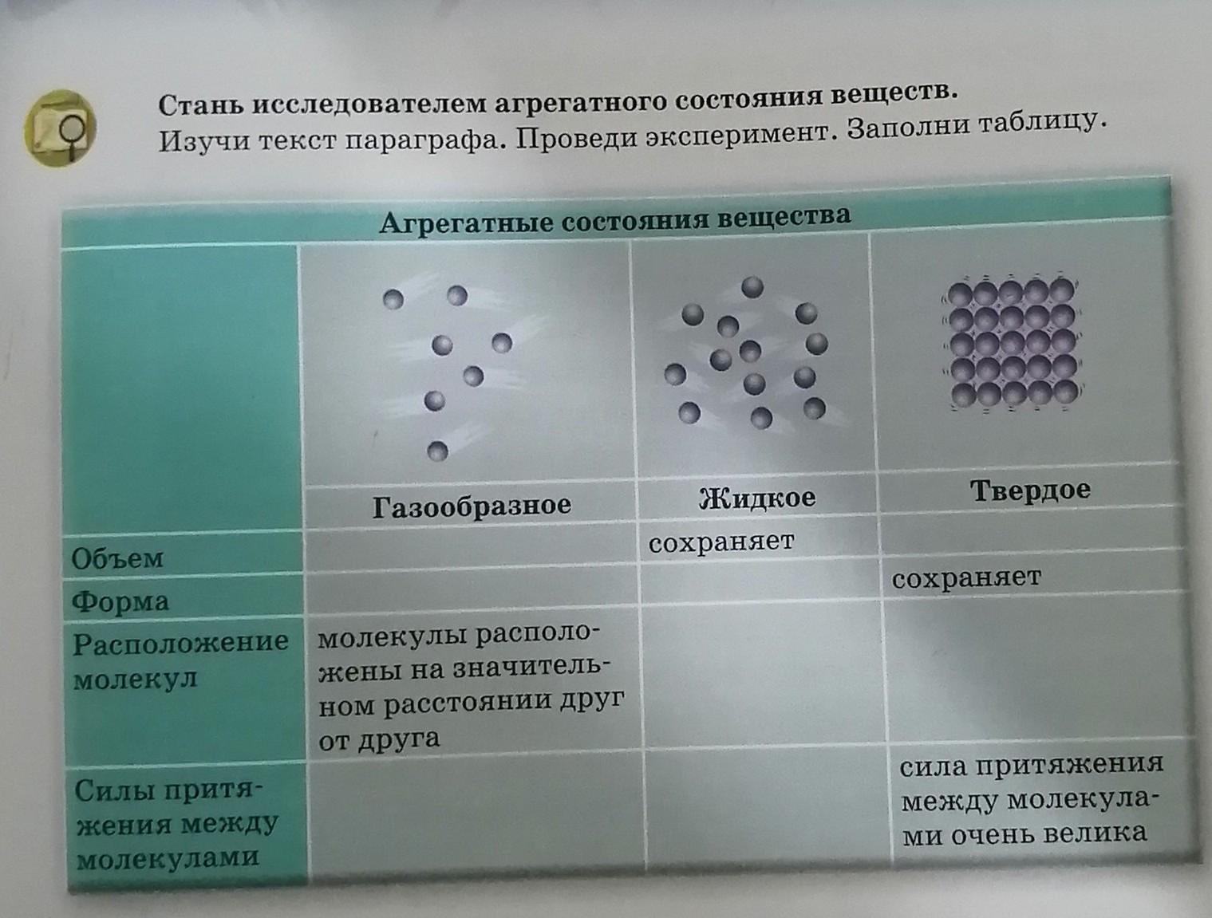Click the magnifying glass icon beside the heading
coord(61,128)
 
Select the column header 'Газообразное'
coord(472,506)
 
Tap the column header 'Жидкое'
coord(757,498)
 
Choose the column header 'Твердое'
coord(1030,490)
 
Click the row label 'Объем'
coord(117,559)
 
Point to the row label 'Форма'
coord(120,601)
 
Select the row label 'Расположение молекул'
coord(180,660)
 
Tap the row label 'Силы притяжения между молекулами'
coord(176,825)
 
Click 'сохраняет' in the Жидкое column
coord(721,542)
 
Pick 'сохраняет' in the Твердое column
coord(966,578)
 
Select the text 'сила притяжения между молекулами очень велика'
coord(1030,799)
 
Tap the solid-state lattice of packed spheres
coord(1012,343)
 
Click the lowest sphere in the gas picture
coord(437,451)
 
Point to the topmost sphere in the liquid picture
coord(752,287)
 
